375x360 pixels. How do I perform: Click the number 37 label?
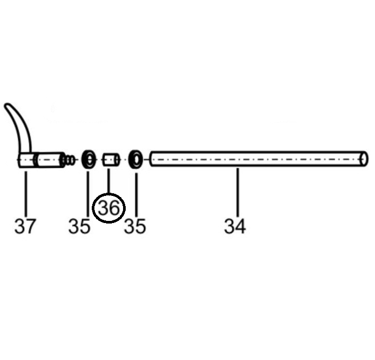pyautogui.click(x=25, y=226)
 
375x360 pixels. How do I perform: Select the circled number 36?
pyautogui.click(x=108, y=209)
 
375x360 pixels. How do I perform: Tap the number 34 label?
pyautogui.click(x=235, y=226)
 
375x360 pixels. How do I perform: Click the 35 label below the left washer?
pyautogui.click(x=80, y=226)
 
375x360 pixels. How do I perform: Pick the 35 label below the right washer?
pyautogui.click(x=135, y=226)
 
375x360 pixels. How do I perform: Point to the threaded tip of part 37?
pyautogui.click(x=67, y=159)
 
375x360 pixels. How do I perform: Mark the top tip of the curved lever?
pyautogui.click(x=8, y=106)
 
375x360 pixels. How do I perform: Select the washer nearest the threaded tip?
pyautogui.click(x=88, y=159)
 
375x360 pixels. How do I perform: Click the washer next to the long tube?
pyautogui.click(x=136, y=159)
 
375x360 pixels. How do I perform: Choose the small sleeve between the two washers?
pyautogui.click(x=110, y=159)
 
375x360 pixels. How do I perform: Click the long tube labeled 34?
pyautogui.click(x=255, y=159)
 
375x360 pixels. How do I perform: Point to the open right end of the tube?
pyautogui.click(x=364, y=159)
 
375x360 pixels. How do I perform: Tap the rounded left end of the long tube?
pyautogui.click(x=153, y=159)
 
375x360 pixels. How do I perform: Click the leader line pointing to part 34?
pyautogui.click(x=238, y=191)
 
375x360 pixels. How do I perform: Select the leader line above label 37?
pyautogui.click(x=25, y=191)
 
